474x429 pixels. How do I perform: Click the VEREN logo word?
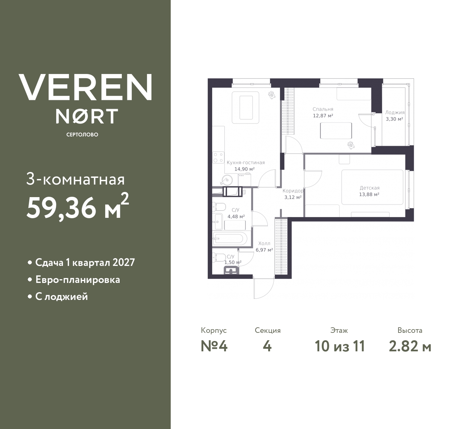point(86,87)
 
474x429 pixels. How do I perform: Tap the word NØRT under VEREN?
point(87,116)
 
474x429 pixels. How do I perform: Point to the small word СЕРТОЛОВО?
point(82,135)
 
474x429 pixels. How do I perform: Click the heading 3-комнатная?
point(76,180)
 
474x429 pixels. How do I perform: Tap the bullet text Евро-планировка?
point(77,280)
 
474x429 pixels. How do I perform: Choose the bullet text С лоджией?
point(61,297)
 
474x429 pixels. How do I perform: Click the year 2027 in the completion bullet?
point(124,263)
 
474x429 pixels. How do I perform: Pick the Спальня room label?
point(323,109)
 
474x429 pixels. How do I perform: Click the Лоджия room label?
point(395,112)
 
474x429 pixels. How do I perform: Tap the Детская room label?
point(369,188)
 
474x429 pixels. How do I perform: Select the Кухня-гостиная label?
point(246,162)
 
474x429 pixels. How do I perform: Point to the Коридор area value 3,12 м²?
point(293,197)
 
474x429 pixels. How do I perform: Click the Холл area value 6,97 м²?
point(264,250)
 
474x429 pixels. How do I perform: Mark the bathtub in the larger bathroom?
point(228,239)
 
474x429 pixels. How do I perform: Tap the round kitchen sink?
point(226,180)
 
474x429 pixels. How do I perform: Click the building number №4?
point(214,347)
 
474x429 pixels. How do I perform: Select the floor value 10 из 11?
point(340,347)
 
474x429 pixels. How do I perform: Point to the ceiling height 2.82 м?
point(410,347)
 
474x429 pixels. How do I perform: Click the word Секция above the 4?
point(267,331)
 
